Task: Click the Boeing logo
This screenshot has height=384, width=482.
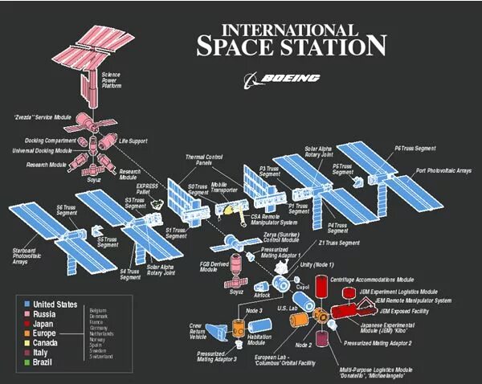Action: [x=282, y=78]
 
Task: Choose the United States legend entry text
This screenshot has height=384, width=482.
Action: [x=55, y=304]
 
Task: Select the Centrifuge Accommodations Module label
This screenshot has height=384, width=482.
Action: [x=372, y=279]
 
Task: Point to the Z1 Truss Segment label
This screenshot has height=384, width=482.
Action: [x=337, y=243]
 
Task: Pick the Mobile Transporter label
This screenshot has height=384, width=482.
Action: [x=224, y=188]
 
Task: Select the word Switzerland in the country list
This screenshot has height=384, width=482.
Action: [x=101, y=356]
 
